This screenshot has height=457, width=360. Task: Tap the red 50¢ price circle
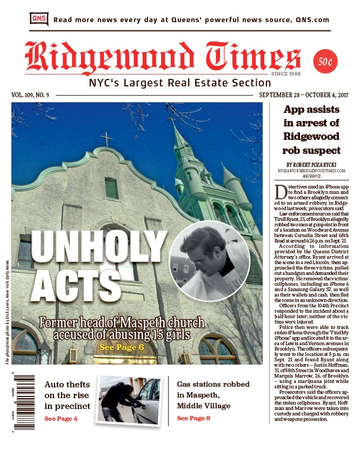point(325,62)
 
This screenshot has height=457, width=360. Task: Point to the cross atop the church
point(107,139)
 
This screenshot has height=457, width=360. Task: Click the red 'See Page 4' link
point(61,418)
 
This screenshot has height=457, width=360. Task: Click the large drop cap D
point(281,192)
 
